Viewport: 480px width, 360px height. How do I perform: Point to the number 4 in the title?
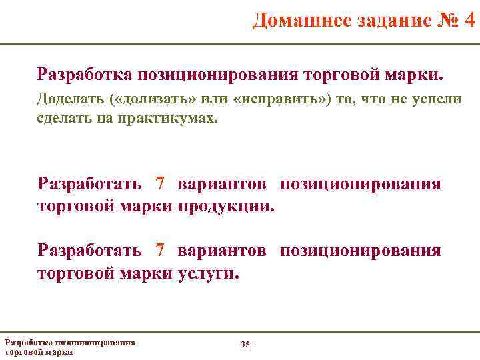click(x=469, y=21)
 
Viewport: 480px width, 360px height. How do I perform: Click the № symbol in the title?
click(x=445, y=21)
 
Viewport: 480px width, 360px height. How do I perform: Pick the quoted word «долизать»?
click(x=154, y=99)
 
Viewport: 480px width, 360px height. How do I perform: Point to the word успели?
click(x=434, y=99)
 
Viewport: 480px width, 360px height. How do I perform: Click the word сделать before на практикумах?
click(x=62, y=119)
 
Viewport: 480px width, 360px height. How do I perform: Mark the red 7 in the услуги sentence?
click(x=159, y=251)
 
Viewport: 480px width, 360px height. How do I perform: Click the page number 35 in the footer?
click(x=245, y=344)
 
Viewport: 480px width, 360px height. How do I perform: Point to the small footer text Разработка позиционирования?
click(x=70, y=342)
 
